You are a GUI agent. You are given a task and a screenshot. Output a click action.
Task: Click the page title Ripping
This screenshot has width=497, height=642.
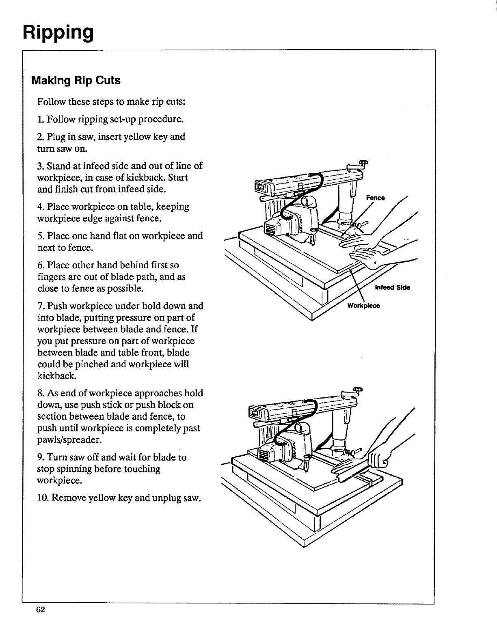58,31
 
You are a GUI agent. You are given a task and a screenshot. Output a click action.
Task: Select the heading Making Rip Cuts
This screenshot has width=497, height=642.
76,80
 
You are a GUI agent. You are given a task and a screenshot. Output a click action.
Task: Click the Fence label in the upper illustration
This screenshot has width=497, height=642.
375,198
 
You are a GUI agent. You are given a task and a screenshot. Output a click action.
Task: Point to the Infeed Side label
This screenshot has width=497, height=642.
392,288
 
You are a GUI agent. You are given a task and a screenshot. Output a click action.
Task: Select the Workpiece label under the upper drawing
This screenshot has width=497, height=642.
363,306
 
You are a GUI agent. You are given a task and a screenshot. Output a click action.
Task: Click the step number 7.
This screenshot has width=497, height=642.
40,306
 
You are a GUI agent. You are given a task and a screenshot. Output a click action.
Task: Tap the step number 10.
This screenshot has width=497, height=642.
42,498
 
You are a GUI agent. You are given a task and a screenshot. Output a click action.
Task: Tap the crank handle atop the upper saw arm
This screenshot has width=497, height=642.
359,164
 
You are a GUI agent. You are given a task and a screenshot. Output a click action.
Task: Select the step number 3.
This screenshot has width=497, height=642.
40,166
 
